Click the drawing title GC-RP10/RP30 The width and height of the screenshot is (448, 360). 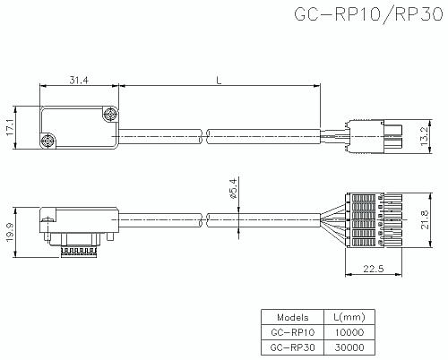coord(368,14)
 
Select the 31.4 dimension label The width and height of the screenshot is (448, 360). coord(79,80)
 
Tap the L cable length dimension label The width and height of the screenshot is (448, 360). coord(219,80)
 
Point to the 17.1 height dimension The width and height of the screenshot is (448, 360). coord(11,127)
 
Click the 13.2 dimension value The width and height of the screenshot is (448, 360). coord(424,136)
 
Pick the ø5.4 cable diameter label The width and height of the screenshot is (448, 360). coord(233,188)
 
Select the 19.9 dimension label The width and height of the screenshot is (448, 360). coord(11,233)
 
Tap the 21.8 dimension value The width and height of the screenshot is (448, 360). coord(424,219)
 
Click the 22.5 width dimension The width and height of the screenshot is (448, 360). coord(374,269)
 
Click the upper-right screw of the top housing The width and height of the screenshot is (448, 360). coord(110,114)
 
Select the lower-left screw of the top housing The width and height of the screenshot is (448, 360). coord(47,141)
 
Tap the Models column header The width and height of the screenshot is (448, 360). coord(292,317)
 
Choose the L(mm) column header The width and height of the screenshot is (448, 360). coord(349,317)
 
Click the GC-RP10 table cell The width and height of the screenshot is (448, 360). coord(292,332)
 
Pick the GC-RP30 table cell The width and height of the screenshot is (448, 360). coord(292,347)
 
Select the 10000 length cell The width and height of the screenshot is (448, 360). coord(349,332)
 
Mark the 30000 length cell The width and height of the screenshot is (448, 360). coord(349,347)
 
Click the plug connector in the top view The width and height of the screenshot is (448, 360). coord(374,136)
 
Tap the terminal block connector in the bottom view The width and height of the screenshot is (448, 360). coord(374,220)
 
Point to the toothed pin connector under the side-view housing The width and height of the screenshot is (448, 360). coord(79,252)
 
